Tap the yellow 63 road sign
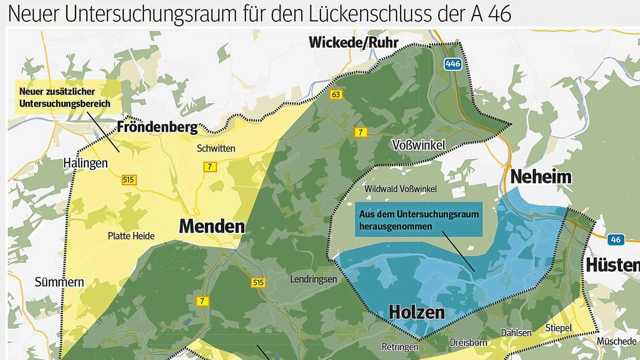click(x=335, y=94)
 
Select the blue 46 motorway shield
click(x=616, y=239)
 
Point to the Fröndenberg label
click(x=157, y=127)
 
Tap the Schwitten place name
click(x=216, y=149)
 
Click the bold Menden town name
click(x=212, y=226)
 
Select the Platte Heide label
click(x=131, y=236)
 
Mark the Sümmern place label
click(x=59, y=282)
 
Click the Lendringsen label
click(x=314, y=279)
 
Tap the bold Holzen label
click(x=417, y=312)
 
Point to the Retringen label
click(x=400, y=347)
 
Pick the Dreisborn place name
click(x=468, y=342)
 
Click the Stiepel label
click(x=558, y=327)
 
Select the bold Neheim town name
click(x=541, y=177)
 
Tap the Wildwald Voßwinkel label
click(x=401, y=189)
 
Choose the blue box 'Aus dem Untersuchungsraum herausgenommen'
click(x=419, y=219)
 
